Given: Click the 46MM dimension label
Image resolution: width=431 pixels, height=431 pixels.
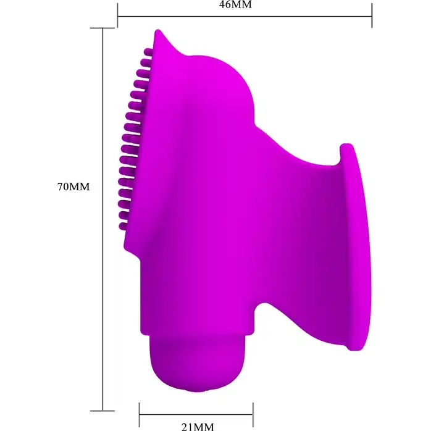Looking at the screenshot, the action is pos(235,5).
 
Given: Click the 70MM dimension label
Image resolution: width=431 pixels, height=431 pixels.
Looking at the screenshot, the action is pos(73,186).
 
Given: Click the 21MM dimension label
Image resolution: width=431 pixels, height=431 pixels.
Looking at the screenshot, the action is pos(198,427).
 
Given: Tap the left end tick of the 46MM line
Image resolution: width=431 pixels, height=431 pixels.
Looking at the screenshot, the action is pos(118,15).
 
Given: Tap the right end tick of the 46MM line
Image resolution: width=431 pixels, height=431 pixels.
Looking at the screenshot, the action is pos(372,15).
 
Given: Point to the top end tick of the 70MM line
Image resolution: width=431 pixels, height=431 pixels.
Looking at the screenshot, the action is pos(103,28).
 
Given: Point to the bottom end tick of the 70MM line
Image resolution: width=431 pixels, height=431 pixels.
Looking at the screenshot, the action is pos(103,411).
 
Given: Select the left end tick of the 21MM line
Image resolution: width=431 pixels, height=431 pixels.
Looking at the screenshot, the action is pos(140,414).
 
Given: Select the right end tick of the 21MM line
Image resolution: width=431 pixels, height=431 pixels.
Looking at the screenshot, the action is pos(253,414).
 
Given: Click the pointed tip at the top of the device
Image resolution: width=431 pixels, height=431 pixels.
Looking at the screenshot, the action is pos(157,31).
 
